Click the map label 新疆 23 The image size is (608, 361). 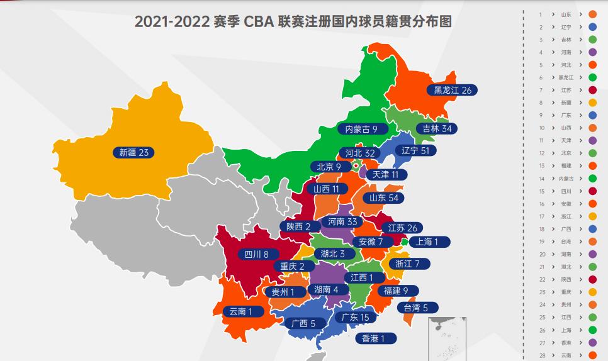(x=133, y=152)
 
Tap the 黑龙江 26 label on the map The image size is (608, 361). (x=453, y=90)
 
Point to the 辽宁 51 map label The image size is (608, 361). (x=419, y=150)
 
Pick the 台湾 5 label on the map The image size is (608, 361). (x=416, y=308)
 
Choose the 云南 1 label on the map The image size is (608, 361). (x=241, y=311)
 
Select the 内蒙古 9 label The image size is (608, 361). (x=362, y=129)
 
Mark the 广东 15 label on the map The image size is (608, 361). (x=355, y=317)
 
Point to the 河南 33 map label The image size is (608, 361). (x=343, y=221)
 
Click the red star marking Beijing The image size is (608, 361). (x=356, y=166)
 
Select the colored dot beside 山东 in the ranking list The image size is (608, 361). (x=592, y=14)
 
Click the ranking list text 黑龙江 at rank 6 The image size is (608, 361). (x=566, y=77)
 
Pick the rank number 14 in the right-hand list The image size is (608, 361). (x=541, y=179)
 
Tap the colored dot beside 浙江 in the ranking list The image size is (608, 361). (x=592, y=216)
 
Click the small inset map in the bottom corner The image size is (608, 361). (x=447, y=338)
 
